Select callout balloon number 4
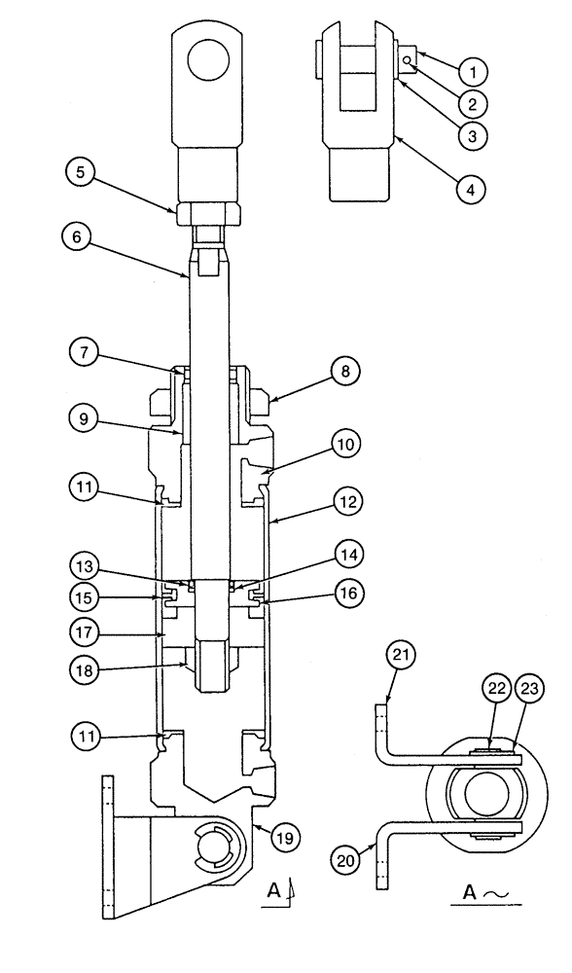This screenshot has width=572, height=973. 471,192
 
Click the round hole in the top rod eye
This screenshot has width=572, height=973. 206,65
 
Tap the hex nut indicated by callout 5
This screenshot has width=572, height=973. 205,210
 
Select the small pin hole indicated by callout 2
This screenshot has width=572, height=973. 407,60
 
